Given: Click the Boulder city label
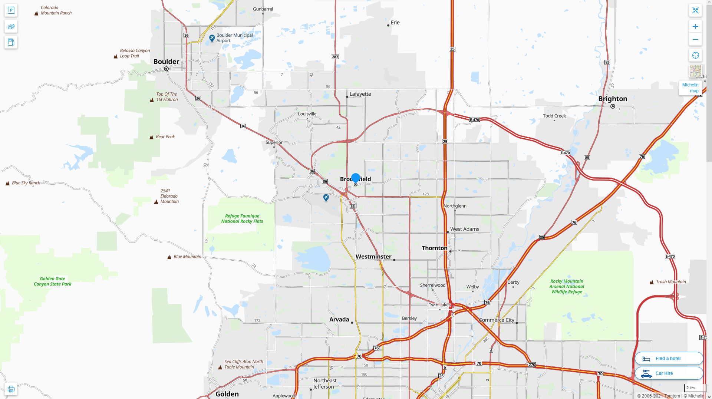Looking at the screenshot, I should pyautogui.click(x=166, y=62).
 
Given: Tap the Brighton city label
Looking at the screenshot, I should pyautogui.click(x=613, y=99).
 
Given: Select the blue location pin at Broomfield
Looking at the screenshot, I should pyautogui.click(x=355, y=178).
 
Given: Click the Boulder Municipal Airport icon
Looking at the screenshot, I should pyautogui.click(x=212, y=38).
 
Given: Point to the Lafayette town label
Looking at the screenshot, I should pyautogui.click(x=360, y=94).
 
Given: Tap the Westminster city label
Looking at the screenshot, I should pyautogui.click(x=373, y=257).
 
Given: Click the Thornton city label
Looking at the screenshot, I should pyautogui.click(x=434, y=248).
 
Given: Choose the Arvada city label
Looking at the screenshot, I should pyautogui.click(x=339, y=319).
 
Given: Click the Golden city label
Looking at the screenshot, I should pyautogui.click(x=227, y=394).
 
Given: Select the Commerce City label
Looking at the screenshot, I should pyautogui.click(x=497, y=320).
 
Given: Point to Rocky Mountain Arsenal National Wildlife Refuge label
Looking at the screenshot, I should pyautogui.click(x=567, y=286).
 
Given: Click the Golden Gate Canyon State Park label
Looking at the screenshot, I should pyautogui.click(x=53, y=281).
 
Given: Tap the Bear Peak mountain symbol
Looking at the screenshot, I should pyautogui.click(x=151, y=137).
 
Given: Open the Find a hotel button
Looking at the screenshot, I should pyautogui.click(x=669, y=359).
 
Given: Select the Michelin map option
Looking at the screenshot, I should pyautogui.click(x=690, y=88).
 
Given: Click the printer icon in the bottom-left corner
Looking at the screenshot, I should pyautogui.click(x=11, y=389).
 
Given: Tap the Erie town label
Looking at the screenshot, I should pyautogui.click(x=395, y=23).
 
